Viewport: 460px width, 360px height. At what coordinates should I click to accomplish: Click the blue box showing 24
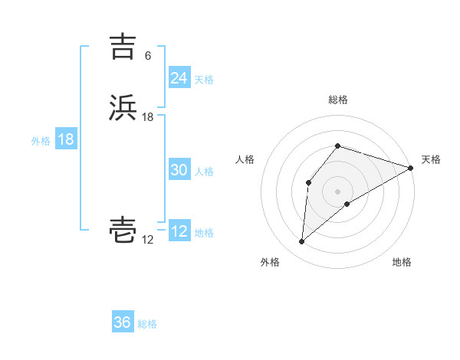179,78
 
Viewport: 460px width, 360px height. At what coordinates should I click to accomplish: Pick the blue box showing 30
179,171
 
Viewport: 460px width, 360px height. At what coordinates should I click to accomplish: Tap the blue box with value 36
123,322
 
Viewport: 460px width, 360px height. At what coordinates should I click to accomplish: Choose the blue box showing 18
66,139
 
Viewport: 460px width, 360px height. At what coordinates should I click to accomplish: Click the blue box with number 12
179,232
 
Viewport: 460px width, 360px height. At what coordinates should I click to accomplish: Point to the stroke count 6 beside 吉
147,56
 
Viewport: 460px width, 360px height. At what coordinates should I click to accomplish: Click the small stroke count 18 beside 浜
148,117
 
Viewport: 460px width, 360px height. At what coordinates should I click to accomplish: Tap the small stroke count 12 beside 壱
148,241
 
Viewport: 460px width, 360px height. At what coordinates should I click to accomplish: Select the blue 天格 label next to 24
204,79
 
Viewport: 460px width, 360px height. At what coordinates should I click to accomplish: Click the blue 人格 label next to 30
204,172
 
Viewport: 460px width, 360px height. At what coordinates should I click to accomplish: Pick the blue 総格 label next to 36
147,324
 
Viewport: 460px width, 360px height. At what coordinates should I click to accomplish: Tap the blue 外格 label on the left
41,141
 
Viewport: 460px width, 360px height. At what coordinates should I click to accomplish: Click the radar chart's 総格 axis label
337,100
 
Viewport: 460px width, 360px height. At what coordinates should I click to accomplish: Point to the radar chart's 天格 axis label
431,159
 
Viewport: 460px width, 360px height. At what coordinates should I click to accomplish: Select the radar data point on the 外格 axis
301,242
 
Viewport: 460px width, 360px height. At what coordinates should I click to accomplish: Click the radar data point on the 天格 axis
411,168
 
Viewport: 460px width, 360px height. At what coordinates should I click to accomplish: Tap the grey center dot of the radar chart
337,191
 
